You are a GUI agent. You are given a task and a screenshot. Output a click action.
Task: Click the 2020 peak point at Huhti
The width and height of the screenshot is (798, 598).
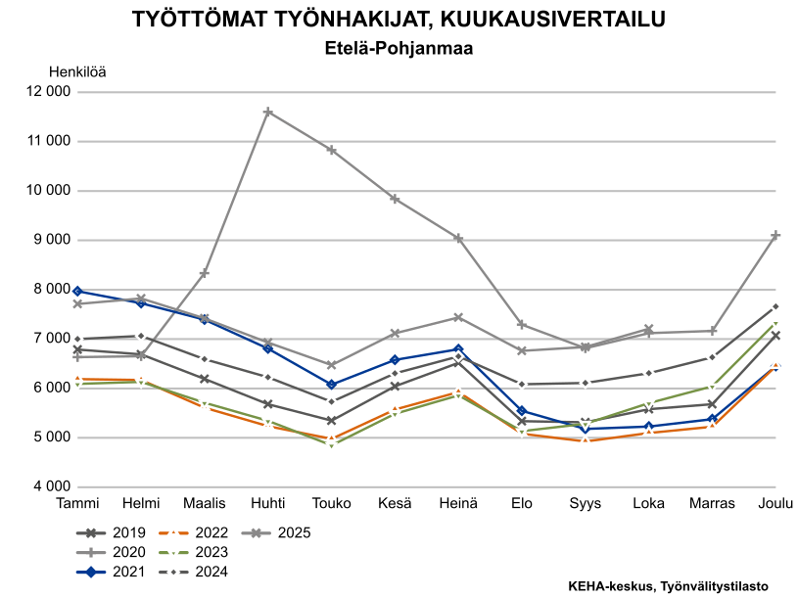pyautogui.click(x=267, y=113)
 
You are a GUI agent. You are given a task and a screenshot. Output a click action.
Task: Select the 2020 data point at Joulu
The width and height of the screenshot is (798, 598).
pyautogui.click(x=775, y=235)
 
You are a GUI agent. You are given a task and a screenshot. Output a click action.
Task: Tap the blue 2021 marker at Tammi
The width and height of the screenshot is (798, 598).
pyautogui.click(x=76, y=291)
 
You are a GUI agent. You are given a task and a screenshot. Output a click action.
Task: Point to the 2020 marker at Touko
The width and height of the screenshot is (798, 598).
pyautogui.click(x=331, y=150)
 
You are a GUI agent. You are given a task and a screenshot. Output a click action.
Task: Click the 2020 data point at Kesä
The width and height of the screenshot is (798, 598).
pyautogui.click(x=395, y=199)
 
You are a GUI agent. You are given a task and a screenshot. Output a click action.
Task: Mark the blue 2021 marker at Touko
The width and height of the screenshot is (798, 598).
pyautogui.click(x=331, y=385)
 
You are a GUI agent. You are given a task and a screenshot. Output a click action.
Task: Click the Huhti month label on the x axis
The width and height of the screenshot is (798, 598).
pyautogui.click(x=267, y=503)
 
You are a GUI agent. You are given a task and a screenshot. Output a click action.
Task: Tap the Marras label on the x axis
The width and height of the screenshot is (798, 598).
pyautogui.click(x=712, y=503)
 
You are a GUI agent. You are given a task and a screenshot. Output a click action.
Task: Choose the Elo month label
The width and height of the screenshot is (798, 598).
pyautogui.click(x=521, y=503)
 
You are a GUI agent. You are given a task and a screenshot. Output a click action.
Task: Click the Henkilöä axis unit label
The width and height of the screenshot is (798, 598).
pyautogui.click(x=77, y=70)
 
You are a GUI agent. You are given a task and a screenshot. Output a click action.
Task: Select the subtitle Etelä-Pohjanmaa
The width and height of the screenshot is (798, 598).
pyautogui.click(x=399, y=46)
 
